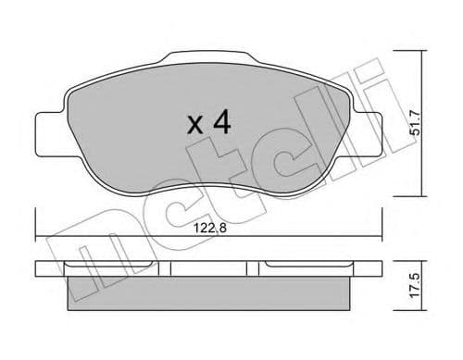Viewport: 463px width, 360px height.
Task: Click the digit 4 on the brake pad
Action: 223,123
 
